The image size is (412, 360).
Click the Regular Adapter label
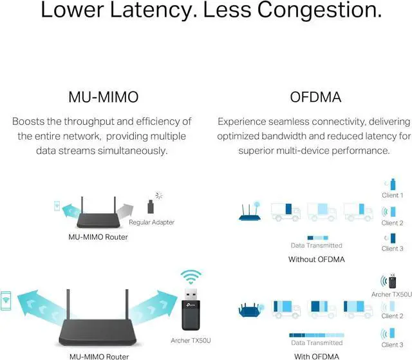(x=151, y=222)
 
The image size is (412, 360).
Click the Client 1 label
(x=392, y=195)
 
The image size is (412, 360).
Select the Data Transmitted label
(x=317, y=245)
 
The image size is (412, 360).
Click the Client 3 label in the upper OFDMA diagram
(x=392, y=249)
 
